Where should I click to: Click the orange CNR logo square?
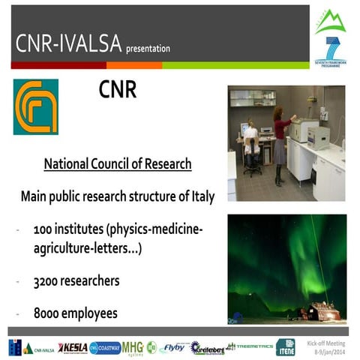tap(35, 106)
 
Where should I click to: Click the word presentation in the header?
tap(148, 49)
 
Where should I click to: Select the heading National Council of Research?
tap(118, 164)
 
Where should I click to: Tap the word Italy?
tap(202, 197)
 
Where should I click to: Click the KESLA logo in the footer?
tap(73, 347)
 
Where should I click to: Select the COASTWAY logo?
tap(105, 347)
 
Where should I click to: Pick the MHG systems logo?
tap(133, 347)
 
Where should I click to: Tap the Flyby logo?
tap(173, 346)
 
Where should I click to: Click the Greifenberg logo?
tap(206, 347)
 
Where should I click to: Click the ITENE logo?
tap(285, 346)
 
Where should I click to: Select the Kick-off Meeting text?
tap(330, 341)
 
